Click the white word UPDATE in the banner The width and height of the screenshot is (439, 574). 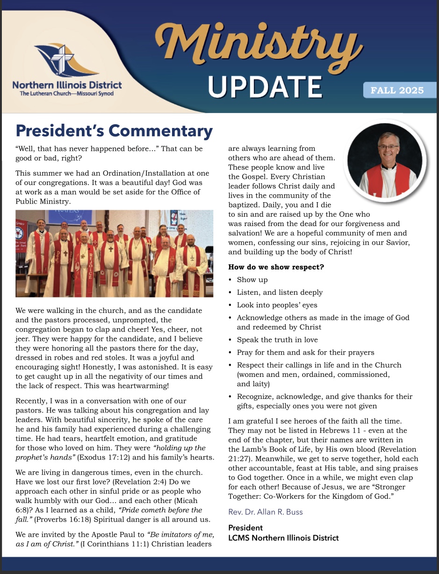point(265,87)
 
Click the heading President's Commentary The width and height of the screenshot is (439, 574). point(114,131)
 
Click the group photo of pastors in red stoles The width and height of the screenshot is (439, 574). point(115,254)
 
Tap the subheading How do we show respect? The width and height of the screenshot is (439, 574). point(276,267)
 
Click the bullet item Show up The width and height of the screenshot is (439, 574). point(252,280)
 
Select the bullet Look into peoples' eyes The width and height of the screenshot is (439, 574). point(277,305)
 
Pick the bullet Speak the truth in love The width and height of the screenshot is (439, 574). point(277,340)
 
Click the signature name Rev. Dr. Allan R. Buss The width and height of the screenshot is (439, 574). point(266,512)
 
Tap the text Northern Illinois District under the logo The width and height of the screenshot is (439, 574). point(67,85)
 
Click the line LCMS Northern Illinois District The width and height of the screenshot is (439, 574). point(283,538)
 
